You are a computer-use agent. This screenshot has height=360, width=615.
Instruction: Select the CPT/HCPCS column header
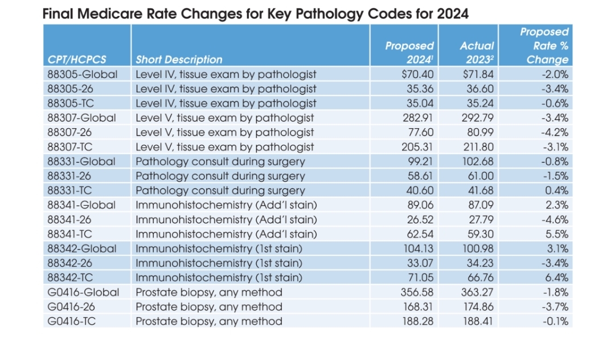77,60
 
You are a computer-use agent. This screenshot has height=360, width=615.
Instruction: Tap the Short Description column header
179,60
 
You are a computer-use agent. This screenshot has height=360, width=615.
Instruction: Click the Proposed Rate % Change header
544,46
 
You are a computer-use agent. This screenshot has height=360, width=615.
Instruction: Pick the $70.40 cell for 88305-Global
417,74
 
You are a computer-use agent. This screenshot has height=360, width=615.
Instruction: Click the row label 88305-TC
71,103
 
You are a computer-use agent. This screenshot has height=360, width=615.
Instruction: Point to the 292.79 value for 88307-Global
477,118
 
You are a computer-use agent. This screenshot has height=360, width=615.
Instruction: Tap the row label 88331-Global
81,161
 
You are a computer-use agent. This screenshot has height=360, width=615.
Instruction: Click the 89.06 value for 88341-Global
420,204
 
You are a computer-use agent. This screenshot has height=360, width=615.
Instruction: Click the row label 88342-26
70,263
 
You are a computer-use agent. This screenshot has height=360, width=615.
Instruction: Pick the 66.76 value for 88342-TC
480,277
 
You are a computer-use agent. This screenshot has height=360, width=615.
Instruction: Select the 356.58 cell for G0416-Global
417,292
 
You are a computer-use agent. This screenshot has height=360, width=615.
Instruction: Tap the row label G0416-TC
71,321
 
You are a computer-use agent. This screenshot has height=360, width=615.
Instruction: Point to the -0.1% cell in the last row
555,321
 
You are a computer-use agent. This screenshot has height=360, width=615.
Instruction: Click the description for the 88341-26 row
226,219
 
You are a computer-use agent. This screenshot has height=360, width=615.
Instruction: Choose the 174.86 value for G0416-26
478,306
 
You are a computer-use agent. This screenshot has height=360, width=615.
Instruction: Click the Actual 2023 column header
477,52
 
